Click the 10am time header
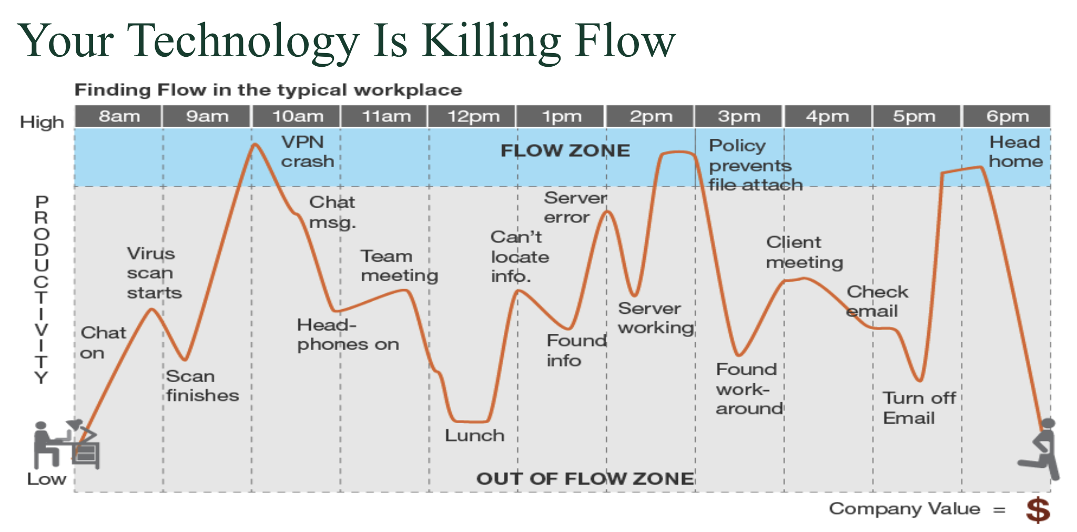tap(297, 116)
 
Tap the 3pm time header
tap(739, 116)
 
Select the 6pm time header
tap(1007, 116)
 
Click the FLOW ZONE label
tap(565, 151)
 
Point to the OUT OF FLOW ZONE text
tap(585, 478)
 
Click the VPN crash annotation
tap(307, 151)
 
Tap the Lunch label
tap(474, 435)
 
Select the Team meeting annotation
tap(399, 266)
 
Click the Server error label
tap(575, 208)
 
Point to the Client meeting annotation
tap(804, 252)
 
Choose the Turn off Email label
tap(919, 408)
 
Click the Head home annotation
tap(1015, 151)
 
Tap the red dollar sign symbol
tap(1038, 510)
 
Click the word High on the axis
tap(42, 122)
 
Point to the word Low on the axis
tap(47, 479)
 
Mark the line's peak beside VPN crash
tap(255, 144)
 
